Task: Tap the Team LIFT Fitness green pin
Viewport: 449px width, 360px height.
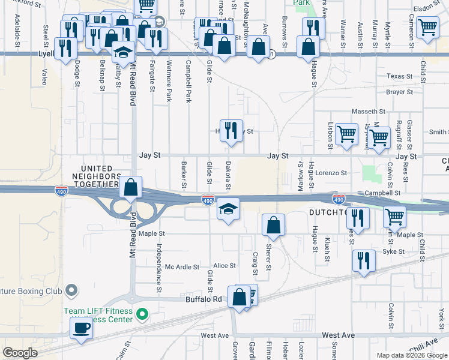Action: click(x=142, y=314)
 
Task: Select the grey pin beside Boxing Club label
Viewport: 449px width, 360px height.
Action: click(x=72, y=291)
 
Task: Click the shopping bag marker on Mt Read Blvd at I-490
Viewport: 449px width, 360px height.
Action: click(x=130, y=187)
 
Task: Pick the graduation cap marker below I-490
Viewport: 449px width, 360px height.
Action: click(x=228, y=209)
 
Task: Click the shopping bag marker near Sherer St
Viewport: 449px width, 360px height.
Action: click(x=273, y=225)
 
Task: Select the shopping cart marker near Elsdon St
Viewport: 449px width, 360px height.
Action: click(x=427, y=27)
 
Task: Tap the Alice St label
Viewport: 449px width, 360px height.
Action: click(x=224, y=265)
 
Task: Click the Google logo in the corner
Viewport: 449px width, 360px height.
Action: click(x=20, y=353)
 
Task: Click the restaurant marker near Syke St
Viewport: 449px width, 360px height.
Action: click(x=364, y=261)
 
